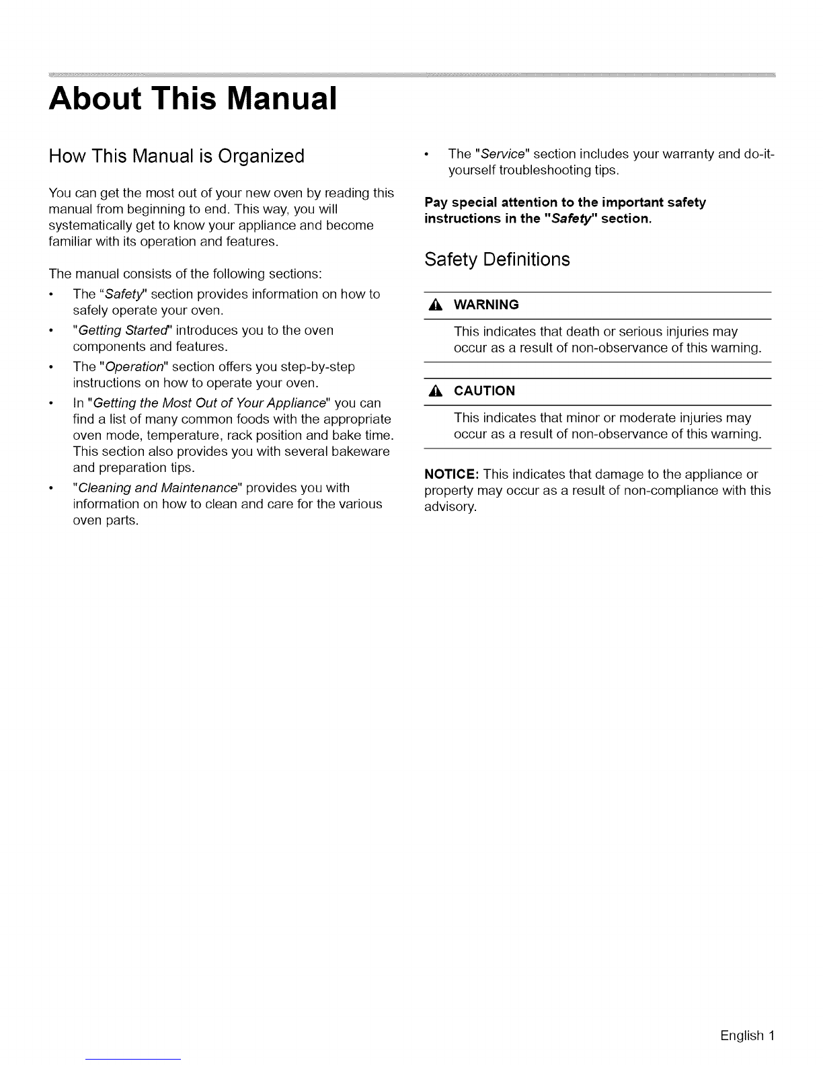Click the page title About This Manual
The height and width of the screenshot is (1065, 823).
[192, 98]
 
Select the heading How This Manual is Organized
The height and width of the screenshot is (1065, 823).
[177, 157]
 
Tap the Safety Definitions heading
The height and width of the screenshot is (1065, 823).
[497, 260]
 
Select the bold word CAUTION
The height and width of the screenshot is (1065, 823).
[484, 391]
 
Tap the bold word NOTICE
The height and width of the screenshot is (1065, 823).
[451, 475]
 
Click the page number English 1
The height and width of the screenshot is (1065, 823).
[748, 1035]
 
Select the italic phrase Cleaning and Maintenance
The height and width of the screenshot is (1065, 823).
[158, 487]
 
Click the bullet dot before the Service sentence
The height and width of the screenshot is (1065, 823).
[428, 155]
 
